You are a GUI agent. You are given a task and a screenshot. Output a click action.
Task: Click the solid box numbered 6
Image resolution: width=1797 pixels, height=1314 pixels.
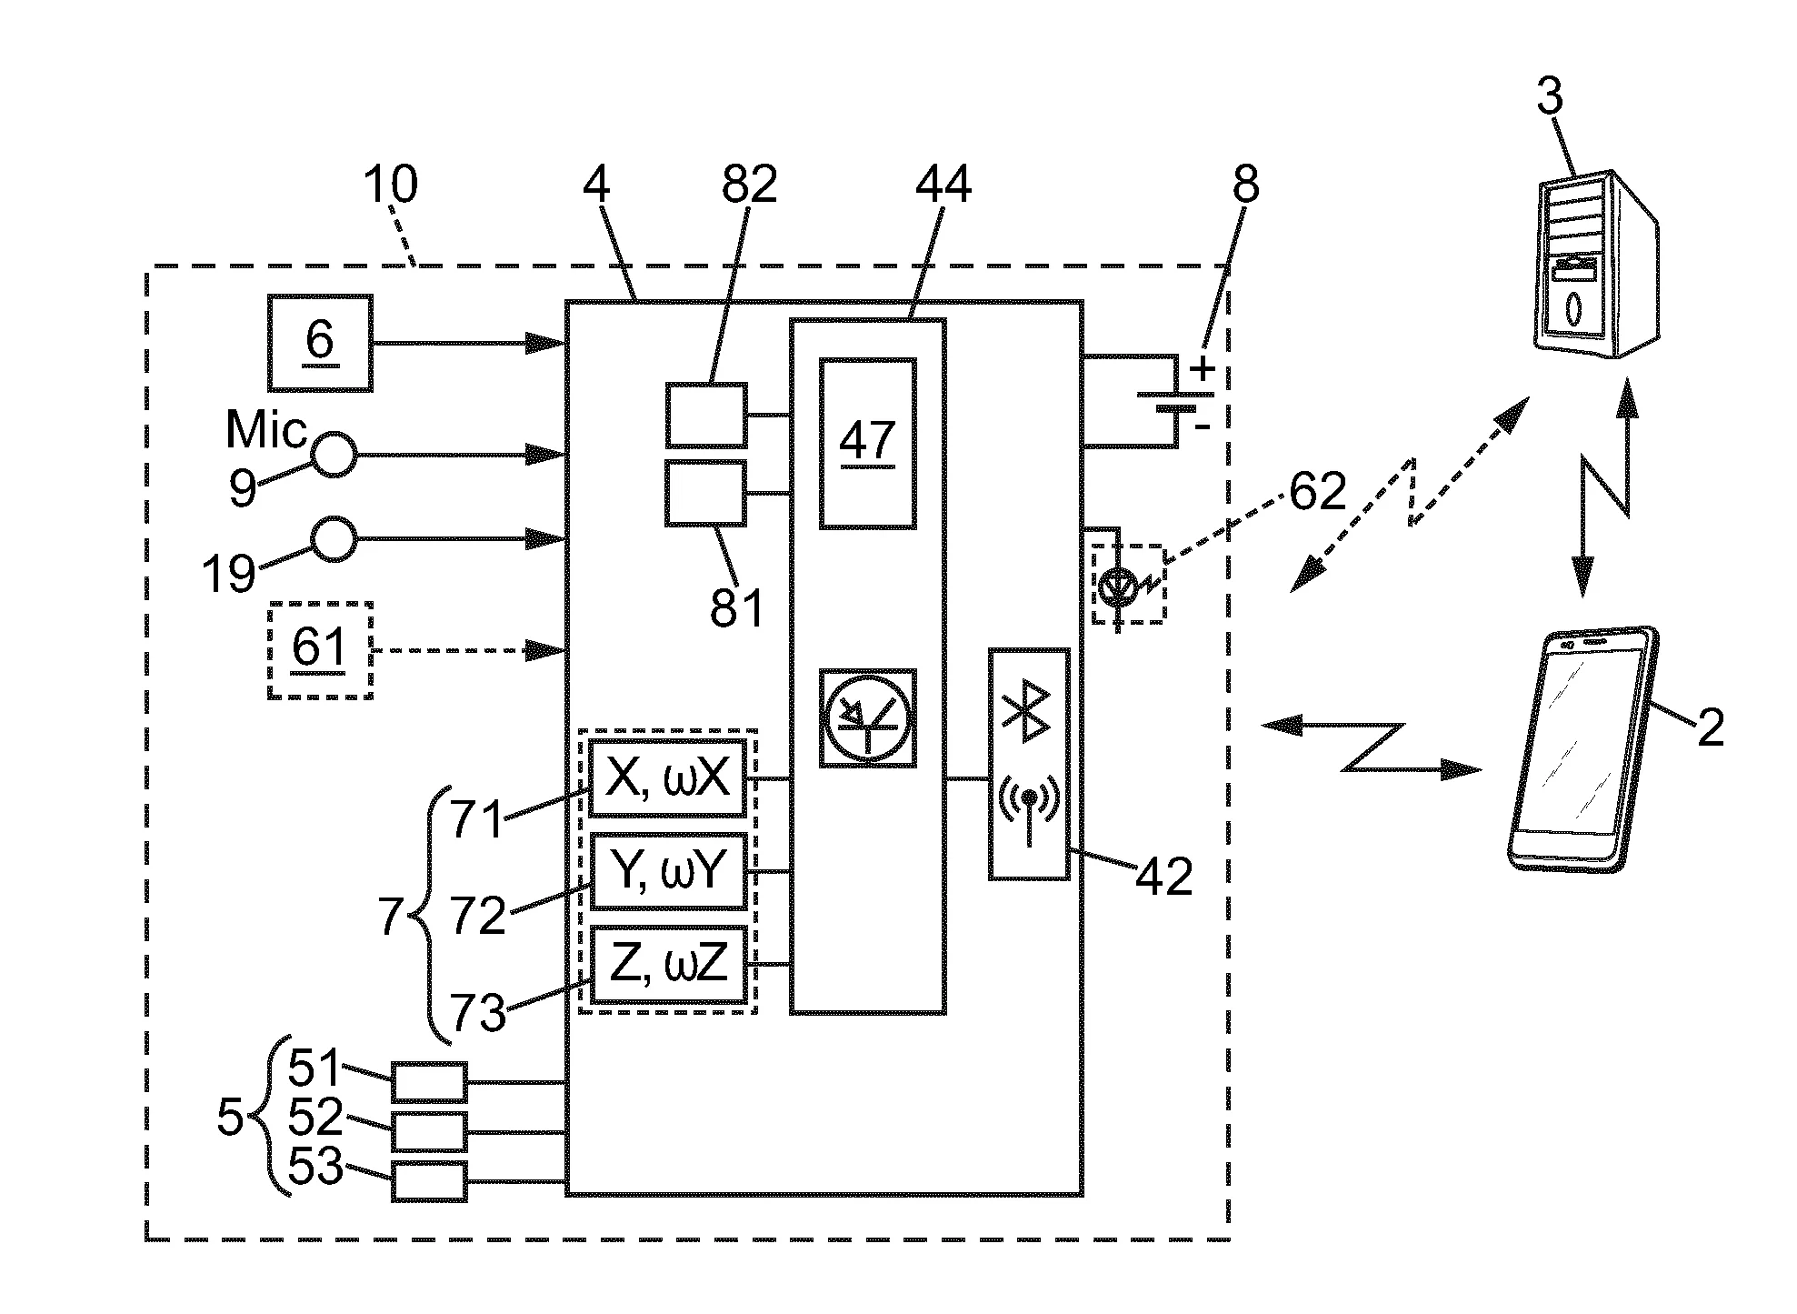coord(320,343)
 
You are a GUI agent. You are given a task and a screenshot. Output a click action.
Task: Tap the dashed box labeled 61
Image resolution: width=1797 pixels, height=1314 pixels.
coord(320,650)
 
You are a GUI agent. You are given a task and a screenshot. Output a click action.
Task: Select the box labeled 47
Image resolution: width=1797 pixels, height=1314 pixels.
coord(868,443)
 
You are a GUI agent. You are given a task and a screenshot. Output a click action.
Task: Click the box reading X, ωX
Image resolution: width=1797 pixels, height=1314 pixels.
coord(668,778)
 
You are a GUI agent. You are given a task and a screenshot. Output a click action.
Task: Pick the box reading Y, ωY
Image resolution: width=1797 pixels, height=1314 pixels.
coord(668,871)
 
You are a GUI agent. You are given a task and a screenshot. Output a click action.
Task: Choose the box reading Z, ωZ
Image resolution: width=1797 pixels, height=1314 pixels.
coord(668,964)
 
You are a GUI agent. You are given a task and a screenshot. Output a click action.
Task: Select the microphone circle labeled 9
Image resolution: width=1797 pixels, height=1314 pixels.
coord(334,454)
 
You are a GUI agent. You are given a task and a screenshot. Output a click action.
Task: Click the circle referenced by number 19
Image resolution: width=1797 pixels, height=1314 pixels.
coord(334,538)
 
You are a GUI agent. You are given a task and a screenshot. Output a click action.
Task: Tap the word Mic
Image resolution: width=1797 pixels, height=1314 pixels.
coord(265,429)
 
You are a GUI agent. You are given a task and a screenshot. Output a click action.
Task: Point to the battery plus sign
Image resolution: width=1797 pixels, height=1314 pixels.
coord(1202,369)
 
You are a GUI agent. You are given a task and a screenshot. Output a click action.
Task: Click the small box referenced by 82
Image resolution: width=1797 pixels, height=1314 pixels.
coord(706,416)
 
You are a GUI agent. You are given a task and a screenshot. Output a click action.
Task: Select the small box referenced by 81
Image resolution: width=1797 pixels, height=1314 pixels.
coord(706,493)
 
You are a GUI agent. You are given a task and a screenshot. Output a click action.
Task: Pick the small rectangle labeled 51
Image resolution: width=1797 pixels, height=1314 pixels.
coord(429,1082)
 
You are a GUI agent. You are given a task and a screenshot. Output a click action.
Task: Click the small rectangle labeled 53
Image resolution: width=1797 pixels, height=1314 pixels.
coord(429,1181)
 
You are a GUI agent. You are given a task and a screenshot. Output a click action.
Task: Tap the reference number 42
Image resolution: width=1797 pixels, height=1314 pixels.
coord(1164,877)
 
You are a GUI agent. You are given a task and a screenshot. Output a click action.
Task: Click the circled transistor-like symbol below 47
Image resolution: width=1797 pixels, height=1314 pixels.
coord(867,718)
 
